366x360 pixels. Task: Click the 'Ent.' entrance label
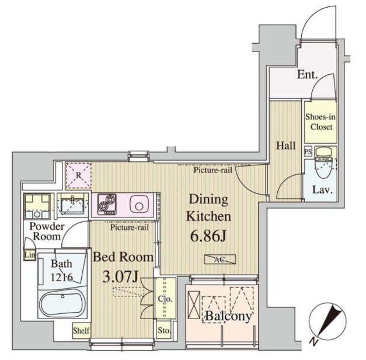pyautogui.click(x=307, y=75)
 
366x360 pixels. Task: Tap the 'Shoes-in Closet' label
pyautogui.click(x=320, y=122)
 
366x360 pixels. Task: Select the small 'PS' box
pyautogui.click(x=308, y=151)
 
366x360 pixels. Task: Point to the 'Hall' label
pyautogui.click(x=285, y=146)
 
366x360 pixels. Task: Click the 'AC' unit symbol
pyautogui.click(x=219, y=259)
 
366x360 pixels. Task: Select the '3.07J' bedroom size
pyautogui.click(x=121, y=278)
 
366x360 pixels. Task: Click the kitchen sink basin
pyautogui.click(x=139, y=205)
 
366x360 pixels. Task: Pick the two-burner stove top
pyautogui.click(x=107, y=204)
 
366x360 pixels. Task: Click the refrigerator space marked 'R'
pyautogui.click(x=78, y=175)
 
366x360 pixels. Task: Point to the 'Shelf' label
pyautogui.click(x=81, y=331)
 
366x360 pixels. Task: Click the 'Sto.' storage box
pyautogui.click(x=164, y=330)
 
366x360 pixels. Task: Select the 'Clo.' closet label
pyautogui.click(x=165, y=299)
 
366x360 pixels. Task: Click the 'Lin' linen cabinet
pyautogui.click(x=30, y=255)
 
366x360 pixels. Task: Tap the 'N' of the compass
pyautogui.click(x=313, y=342)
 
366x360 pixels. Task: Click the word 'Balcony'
pyautogui.click(x=228, y=316)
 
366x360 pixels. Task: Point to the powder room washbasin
pyautogui.click(x=72, y=205)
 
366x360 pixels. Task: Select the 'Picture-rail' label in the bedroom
pyautogui.click(x=130, y=227)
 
